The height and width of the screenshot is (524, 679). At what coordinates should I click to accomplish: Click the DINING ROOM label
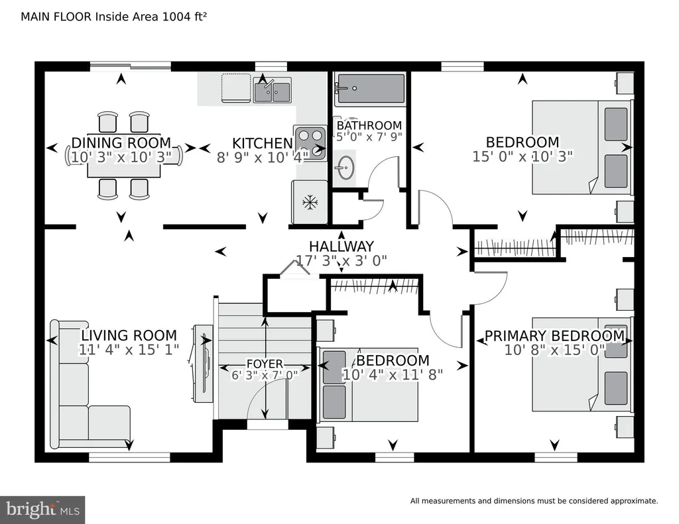[121, 143]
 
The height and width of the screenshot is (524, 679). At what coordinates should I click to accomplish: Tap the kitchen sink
[272, 91]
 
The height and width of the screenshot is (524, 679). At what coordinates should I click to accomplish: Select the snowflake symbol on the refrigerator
[310, 202]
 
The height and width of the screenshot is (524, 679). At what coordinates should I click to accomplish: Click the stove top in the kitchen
[310, 143]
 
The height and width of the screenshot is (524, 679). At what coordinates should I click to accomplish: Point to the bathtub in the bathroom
[370, 89]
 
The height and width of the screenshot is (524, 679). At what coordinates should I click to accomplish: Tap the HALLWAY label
[341, 246]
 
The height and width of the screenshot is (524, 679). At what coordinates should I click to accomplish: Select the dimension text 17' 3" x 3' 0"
[341, 260]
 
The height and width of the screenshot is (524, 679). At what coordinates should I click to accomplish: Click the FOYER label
[265, 364]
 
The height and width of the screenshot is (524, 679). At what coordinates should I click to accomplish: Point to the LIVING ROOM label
[129, 335]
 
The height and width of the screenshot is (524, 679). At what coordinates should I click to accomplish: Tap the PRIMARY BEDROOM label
[554, 336]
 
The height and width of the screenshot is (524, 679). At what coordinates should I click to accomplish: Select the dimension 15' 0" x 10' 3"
[523, 156]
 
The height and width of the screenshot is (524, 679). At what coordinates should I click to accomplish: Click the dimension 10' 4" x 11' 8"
[393, 374]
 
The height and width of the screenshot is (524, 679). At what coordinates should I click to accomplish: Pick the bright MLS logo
[42, 509]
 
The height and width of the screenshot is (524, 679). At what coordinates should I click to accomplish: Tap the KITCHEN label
[263, 143]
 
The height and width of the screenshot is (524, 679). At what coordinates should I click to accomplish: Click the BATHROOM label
[369, 125]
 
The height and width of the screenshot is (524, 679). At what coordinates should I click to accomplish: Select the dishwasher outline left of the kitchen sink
[236, 88]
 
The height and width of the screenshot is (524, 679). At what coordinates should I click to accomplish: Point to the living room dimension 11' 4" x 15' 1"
[129, 350]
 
